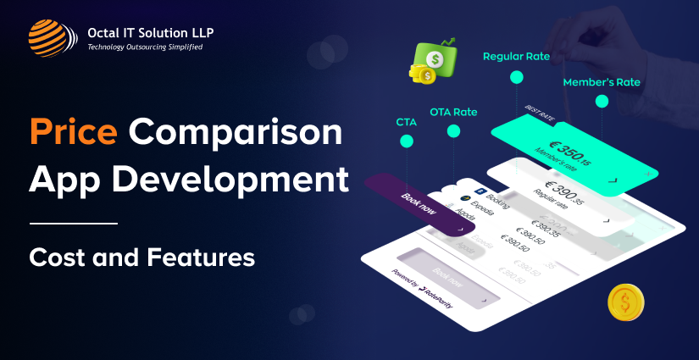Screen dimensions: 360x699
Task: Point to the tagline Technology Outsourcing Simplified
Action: pos(145,47)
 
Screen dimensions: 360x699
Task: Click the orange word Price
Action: pos(75,134)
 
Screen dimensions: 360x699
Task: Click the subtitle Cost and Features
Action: pos(141,256)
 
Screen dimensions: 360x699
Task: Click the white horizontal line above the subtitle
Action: pos(73,224)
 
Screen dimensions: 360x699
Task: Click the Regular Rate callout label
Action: pos(516,57)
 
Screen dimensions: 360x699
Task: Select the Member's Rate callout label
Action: pos(602,82)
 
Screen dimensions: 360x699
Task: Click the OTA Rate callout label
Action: pos(453,111)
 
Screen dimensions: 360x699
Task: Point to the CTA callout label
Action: pos(407,123)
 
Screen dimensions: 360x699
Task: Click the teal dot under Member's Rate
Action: pos(602,102)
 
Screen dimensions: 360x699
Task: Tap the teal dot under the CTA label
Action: pos(407,143)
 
